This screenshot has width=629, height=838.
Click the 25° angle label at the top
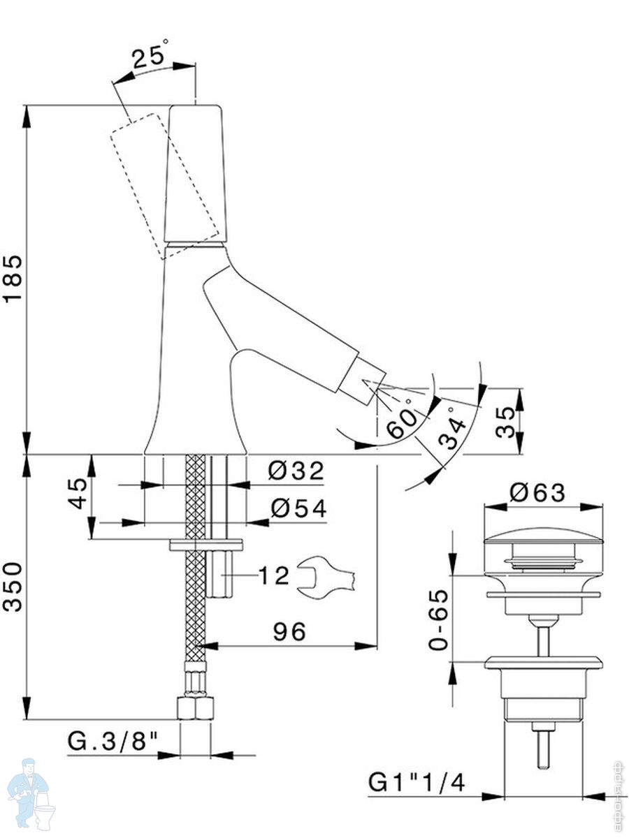pyautogui.click(x=150, y=55)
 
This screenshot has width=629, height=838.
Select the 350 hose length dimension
pyautogui.click(x=13, y=587)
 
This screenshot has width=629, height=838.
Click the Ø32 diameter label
pyautogui.click(x=296, y=472)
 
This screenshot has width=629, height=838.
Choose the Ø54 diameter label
pyautogui.click(x=298, y=509)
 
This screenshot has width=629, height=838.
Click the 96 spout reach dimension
pyautogui.click(x=289, y=632)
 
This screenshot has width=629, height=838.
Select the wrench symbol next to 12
pyautogui.click(x=326, y=576)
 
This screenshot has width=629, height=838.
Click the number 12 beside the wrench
pyautogui.click(x=273, y=576)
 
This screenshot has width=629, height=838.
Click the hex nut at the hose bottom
pyautogui.click(x=195, y=707)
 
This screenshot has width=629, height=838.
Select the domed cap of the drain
pyautogui.click(x=543, y=538)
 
